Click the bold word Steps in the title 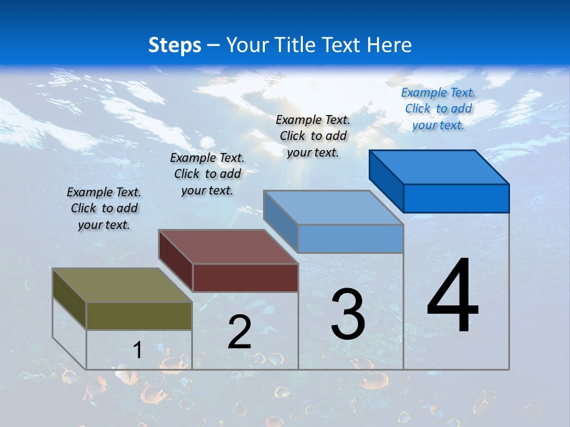175,45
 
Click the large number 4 452,296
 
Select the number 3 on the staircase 348,314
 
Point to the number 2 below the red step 239,332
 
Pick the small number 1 138,350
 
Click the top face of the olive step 122,285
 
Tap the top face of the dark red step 228,247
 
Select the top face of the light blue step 333,208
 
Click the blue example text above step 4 438,109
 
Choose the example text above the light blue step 313,136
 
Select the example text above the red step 207,174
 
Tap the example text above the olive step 104,208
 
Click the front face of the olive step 139,316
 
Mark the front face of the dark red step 245,278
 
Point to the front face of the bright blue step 456,198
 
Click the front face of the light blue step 350,238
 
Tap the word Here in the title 389,45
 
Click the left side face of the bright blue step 386,178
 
